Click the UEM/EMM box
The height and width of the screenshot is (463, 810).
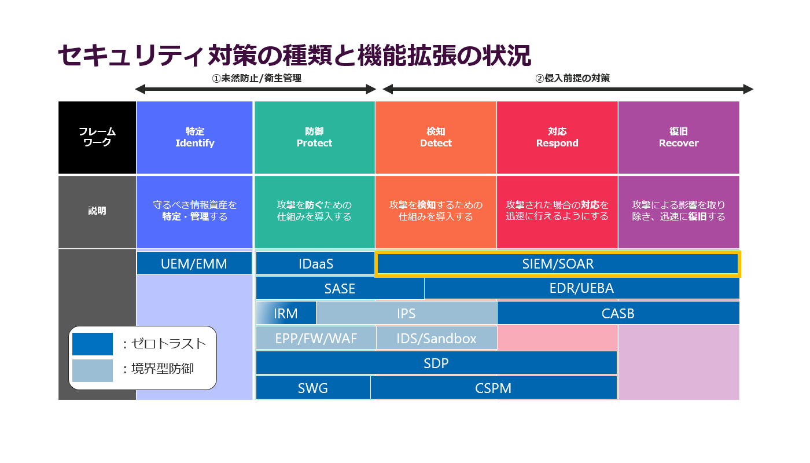194,264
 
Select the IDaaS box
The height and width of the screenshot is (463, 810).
316,264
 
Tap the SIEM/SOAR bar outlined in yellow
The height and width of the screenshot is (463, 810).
558,264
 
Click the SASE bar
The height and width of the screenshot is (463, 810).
340,288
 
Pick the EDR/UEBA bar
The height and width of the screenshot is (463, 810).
581,288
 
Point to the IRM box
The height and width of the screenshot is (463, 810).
286,313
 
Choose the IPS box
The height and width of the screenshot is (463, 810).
406,313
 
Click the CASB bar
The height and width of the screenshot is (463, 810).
618,313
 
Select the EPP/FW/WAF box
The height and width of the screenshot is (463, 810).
316,338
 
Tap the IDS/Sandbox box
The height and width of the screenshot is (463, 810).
436,338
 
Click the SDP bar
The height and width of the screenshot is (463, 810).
436,363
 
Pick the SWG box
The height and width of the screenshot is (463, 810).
313,388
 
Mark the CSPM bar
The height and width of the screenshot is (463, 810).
494,388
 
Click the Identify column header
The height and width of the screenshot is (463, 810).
194,138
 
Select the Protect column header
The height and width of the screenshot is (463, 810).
314,138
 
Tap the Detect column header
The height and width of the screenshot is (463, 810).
436,138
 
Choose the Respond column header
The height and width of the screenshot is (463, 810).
557,138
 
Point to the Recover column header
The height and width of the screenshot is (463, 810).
679,138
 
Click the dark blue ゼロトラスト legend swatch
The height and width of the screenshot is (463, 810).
93,344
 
